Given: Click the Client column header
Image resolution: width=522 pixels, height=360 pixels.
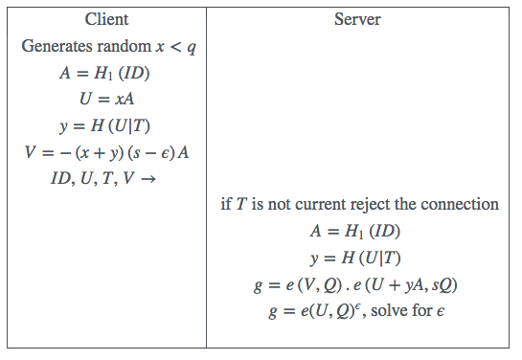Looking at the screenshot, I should tap(106, 19).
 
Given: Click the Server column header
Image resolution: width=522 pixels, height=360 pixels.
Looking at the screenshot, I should tap(358, 19).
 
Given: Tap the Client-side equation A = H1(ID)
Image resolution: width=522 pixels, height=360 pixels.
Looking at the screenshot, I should tap(106, 72).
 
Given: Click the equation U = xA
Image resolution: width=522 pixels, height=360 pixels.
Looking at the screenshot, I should tap(106, 99).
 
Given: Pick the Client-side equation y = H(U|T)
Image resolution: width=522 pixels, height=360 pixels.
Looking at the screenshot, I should tap(106, 125).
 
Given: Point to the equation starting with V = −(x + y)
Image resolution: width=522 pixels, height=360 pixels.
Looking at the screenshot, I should tap(106, 152).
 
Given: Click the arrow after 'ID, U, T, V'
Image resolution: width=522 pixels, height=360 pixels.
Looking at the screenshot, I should tap(148, 178).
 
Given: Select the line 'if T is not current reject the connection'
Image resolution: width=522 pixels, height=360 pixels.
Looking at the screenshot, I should tap(359, 204).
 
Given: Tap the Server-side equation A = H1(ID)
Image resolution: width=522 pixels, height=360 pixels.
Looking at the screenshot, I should tap(359, 231).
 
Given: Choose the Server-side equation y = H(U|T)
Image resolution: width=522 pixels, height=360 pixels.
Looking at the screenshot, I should tap(359, 258).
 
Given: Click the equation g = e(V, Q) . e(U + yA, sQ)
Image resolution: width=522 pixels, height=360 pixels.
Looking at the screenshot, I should tap(359, 284).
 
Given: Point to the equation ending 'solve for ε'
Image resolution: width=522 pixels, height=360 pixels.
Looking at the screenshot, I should tap(359, 311).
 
